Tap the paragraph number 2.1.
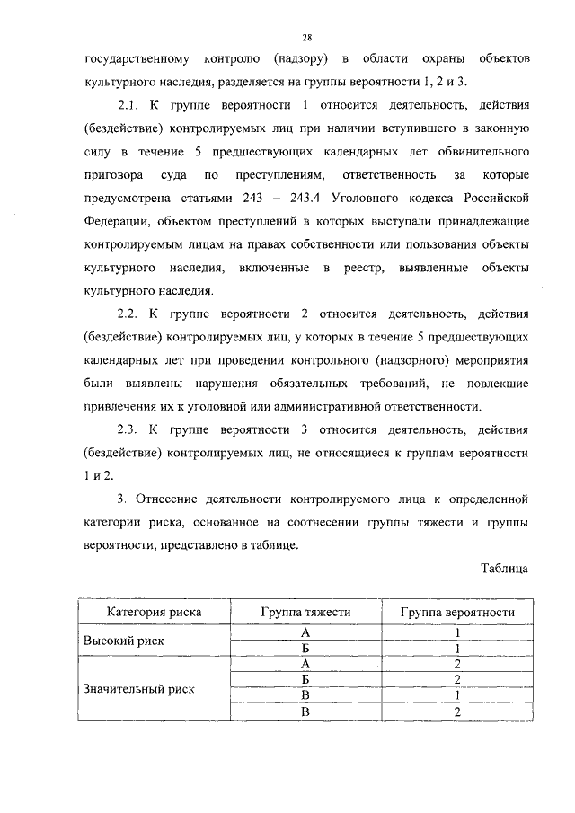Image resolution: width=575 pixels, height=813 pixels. tap(132, 105)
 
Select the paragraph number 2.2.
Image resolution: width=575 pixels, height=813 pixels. tap(132, 314)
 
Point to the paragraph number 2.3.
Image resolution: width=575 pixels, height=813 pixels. tap(132, 429)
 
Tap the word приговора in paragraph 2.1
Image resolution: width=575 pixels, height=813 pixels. tap(119, 174)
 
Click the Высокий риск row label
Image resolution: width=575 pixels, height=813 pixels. tap(125, 641)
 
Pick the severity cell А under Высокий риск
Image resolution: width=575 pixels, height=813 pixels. tap(305, 633)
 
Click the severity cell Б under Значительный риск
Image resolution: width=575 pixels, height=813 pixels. tap(305, 681)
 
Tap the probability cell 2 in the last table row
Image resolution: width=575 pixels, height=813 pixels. tap(457, 712)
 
